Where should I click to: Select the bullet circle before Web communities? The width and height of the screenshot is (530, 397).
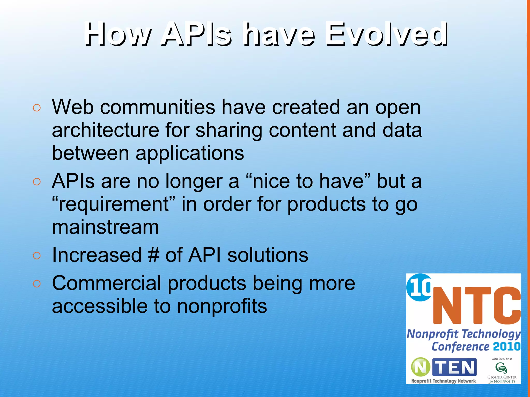(37, 108)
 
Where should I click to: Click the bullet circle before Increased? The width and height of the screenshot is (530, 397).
(37, 256)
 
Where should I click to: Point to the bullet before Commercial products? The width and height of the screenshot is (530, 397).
(37, 284)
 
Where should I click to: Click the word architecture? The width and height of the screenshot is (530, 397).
(105, 130)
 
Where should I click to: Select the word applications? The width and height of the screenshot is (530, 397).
(190, 153)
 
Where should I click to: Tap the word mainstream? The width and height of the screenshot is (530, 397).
(105, 227)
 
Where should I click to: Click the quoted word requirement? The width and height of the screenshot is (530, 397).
(114, 204)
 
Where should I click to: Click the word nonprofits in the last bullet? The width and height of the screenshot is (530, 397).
(222, 306)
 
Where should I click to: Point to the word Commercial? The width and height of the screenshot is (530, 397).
(107, 283)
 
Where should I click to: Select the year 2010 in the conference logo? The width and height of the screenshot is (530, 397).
(506, 346)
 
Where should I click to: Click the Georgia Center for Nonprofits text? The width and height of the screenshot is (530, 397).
(502, 379)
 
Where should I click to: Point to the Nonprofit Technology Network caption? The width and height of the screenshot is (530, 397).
(444, 381)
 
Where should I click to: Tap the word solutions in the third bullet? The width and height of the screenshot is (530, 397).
(268, 255)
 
